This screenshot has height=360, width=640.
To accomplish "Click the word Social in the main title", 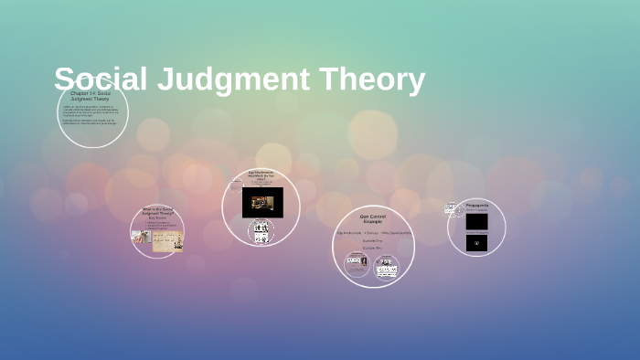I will (x=100, y=79).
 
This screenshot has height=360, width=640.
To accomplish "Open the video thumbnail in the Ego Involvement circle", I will (x=262, y=202).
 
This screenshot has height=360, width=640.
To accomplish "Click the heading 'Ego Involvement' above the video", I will (x=261, y=176).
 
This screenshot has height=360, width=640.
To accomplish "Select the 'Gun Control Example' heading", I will (x=372, y=219).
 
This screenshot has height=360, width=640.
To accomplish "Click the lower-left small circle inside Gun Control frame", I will (x=357, y=265).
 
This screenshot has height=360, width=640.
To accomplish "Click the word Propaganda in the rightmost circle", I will (x=477, y=205).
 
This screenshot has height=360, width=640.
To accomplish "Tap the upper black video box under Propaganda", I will (x=476, y=221).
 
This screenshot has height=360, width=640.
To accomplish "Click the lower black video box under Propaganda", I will (x=476, y=242).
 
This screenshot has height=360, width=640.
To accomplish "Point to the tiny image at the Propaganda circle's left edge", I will (x=451, y=208).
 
